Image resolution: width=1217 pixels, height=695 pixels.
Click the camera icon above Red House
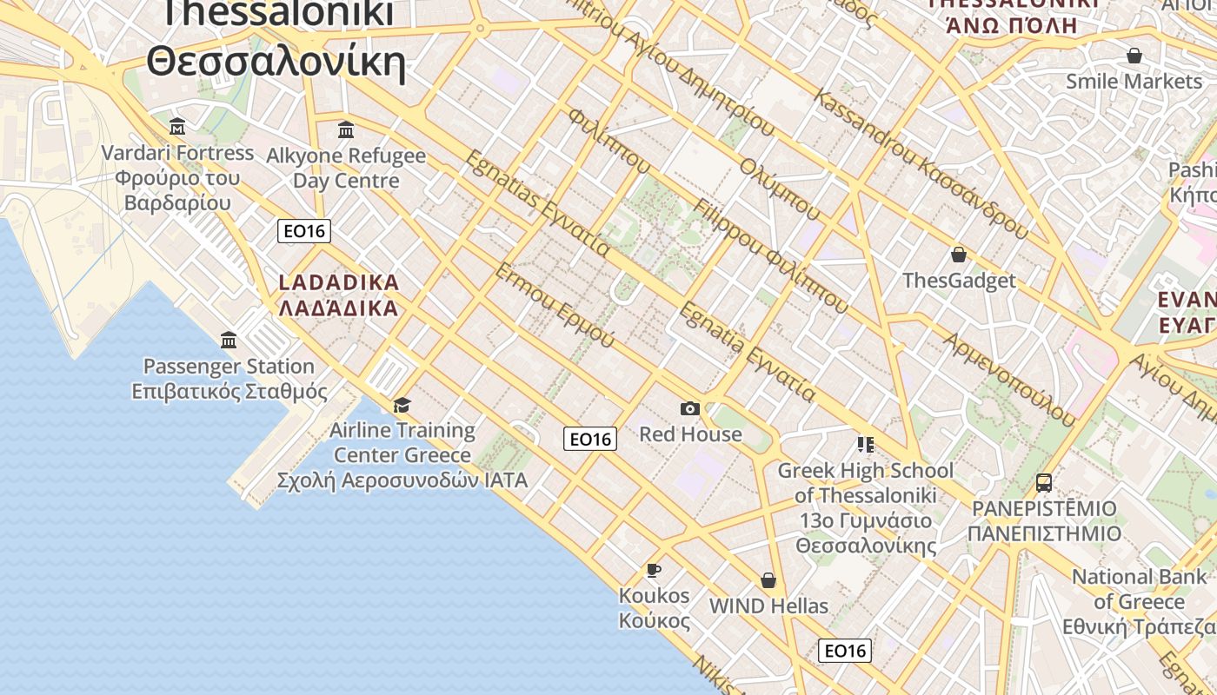689,408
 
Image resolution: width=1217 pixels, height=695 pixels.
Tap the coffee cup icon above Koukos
653,570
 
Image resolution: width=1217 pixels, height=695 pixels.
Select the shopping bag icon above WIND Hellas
768,579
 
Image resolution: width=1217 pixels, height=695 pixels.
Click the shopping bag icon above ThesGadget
959,255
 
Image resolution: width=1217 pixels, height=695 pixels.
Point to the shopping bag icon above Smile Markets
1134,56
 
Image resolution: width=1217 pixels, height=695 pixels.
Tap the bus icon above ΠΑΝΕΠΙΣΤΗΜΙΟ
1044,482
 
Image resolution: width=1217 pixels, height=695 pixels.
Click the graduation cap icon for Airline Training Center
402,405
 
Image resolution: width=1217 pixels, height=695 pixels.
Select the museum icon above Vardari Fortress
177,127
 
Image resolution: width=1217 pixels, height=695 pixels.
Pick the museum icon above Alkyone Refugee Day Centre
346,130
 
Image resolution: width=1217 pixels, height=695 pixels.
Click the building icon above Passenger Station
229,340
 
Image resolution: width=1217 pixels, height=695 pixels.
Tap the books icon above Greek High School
865,445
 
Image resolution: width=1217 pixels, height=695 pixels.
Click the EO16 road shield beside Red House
590,439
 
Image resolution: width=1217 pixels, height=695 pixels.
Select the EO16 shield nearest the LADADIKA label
304,231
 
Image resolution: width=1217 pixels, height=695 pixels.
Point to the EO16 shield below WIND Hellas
845,650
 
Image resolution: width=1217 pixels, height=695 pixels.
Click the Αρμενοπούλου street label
1008,379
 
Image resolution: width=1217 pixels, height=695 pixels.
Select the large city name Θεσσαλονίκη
276,63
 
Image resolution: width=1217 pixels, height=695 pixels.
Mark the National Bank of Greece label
1139,601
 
